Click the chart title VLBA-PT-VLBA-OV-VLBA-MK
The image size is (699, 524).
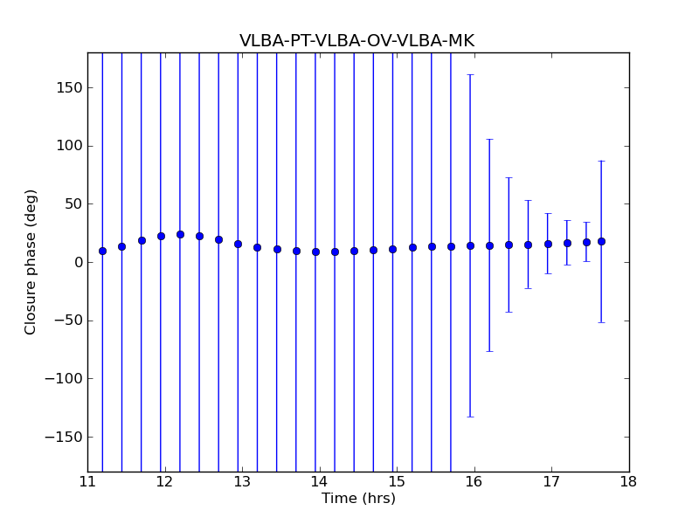[356, 41]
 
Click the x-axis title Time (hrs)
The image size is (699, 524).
[358, 499]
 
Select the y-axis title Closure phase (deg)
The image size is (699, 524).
[31, 262]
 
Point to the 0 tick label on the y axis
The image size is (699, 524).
[78, 263]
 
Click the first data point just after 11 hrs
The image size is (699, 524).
[102, 251]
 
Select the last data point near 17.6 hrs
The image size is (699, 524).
[601, 241]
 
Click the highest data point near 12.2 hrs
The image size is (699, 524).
[180, 234]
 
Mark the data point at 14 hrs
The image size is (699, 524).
[315, 252]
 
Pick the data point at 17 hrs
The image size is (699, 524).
[548, 244]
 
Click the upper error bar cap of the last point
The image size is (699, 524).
[601, 161]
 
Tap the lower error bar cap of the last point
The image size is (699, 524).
[601, 322]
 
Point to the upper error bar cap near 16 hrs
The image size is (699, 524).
[470, 75]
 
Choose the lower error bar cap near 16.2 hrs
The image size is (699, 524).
[489, 351]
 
